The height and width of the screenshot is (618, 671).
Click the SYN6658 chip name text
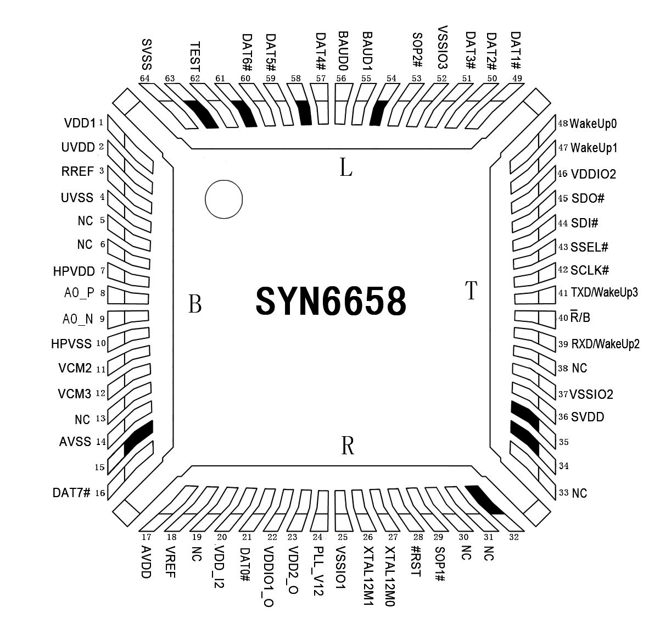pos(331,301)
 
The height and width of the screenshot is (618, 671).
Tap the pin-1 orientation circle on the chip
pos(223,199)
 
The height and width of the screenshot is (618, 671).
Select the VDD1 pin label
pos(80,123)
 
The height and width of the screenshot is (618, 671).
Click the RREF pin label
pos(77,171)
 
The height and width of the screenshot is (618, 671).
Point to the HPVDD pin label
pos(74,271)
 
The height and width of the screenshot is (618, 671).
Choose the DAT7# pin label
pos(71,493)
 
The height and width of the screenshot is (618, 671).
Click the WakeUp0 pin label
pos(593,124)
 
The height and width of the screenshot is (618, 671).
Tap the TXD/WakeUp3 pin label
pos(604,292)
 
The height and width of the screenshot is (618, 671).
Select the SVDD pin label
pos(588,417)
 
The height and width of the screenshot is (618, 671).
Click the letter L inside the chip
pos(345,168)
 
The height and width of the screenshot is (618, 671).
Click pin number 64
pos(145,79)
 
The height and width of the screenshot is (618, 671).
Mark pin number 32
pos(513,537)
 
